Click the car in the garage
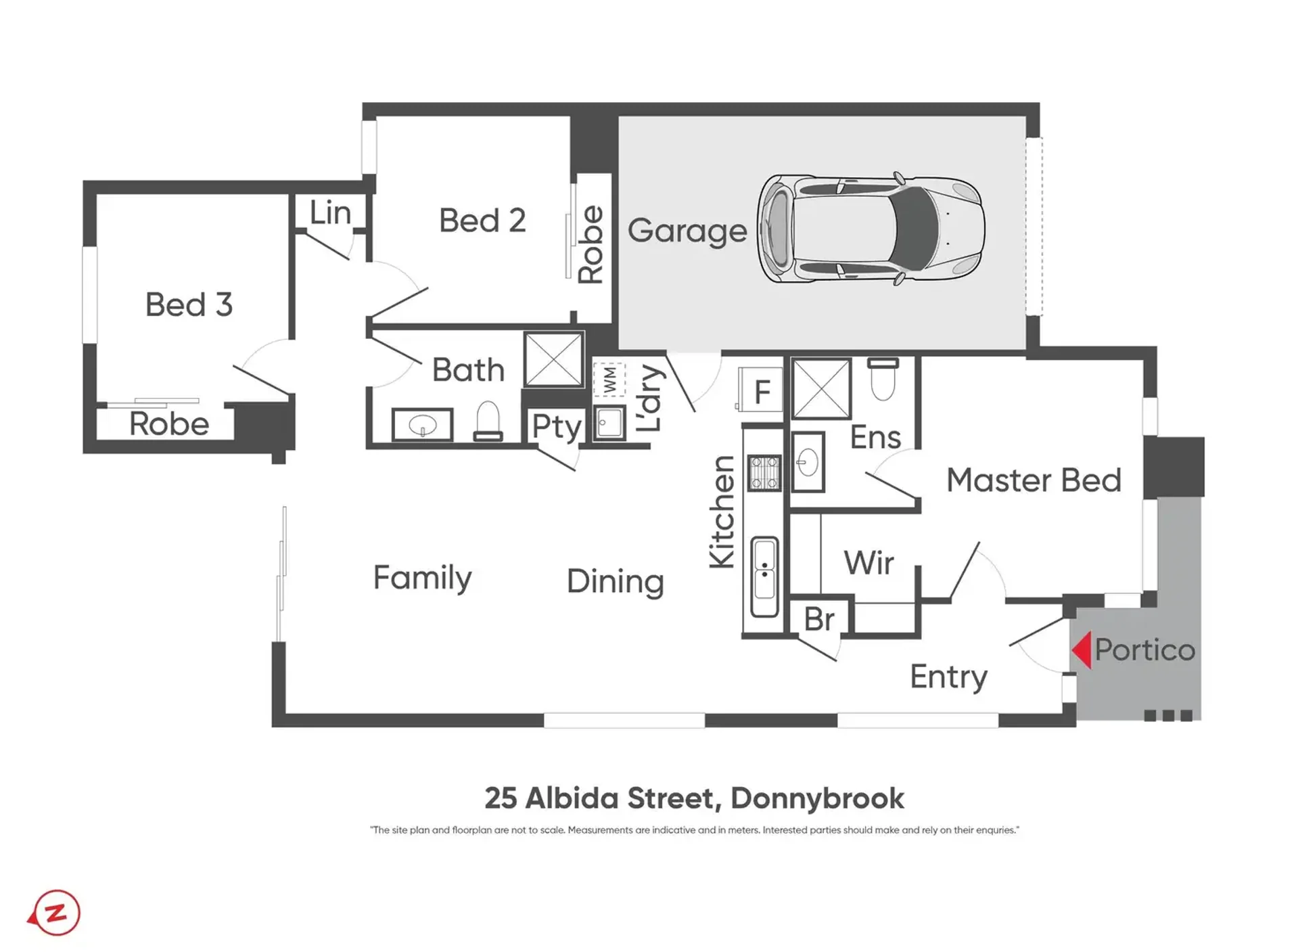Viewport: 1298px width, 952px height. [x=871, y=228]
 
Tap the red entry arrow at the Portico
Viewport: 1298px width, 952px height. [x=1082, y=650]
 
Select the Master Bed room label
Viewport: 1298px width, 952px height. [x=1034, y=480]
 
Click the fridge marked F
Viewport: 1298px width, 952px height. [x=761, y=390]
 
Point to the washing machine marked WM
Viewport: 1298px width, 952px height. [x=609, y=380]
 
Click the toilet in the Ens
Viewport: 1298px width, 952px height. [x=883, y=380]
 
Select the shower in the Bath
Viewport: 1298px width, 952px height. [x=554, y=359]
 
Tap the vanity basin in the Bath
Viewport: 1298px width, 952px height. [x=423, y=425]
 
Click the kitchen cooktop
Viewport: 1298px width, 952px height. [x=764, y=472]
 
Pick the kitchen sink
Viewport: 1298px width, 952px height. [x=764, y=577]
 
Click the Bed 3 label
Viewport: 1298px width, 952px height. [x=189, y=304]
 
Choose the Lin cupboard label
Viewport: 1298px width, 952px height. [x=330, y=212]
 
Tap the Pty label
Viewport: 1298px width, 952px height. [x=557, y=427]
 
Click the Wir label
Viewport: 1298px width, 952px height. [x=868, y=563]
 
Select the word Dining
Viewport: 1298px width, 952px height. [x=615, y=582]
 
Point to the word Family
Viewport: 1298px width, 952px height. [x=422, y=578]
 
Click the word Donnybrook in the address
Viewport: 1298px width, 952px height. [x=817, y=798]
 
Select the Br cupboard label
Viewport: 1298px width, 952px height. [x=819, y=619]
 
